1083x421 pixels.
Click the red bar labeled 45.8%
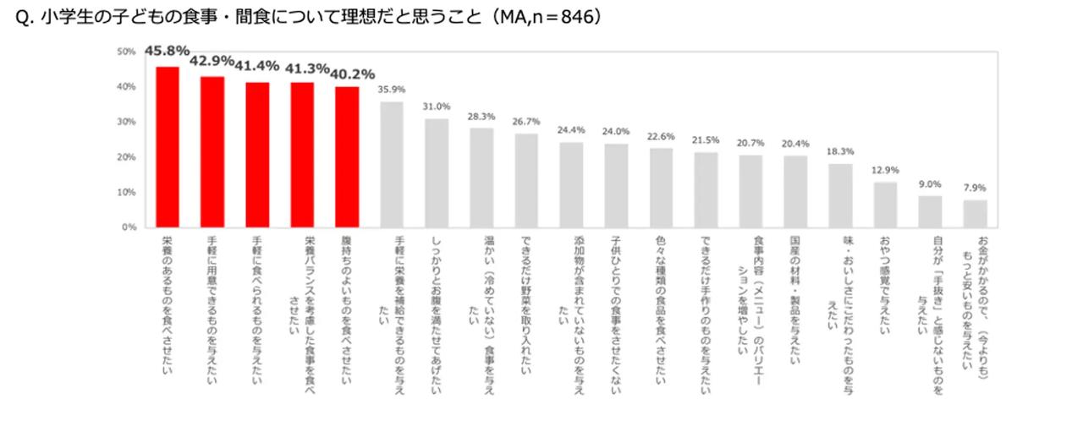click(168, 147)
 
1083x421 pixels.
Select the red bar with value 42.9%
click(212, 152)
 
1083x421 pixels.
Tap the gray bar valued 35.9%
click(392, 165)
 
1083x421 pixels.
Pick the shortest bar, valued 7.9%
click(975, 214)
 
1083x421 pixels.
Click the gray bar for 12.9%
click(885, 205)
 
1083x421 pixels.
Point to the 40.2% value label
click(354, 74)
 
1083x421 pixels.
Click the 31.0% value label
click(437, 107)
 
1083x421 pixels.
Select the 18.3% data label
click(840, 151)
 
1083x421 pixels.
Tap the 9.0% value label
click(930, 184)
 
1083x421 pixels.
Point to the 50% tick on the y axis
click(126, 52)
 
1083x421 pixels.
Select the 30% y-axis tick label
click(126, 122)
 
